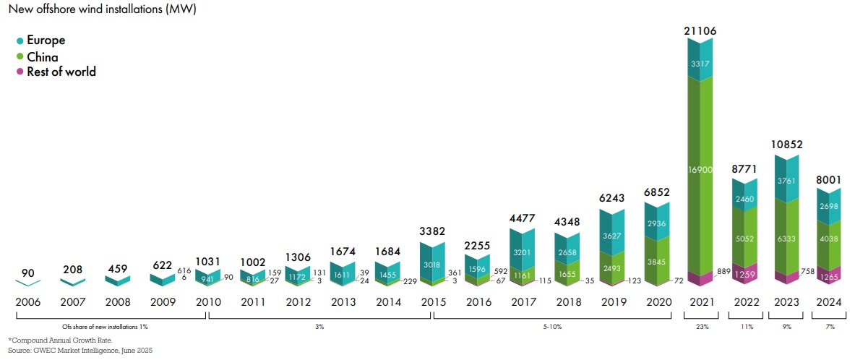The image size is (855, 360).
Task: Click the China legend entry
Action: point(42,56)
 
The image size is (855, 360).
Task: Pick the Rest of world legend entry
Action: point(61,72)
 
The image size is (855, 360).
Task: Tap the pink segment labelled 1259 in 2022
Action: point(745,275)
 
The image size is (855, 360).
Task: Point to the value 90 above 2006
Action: point(28,273)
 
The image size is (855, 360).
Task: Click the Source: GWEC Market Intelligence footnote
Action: point(80,350)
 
